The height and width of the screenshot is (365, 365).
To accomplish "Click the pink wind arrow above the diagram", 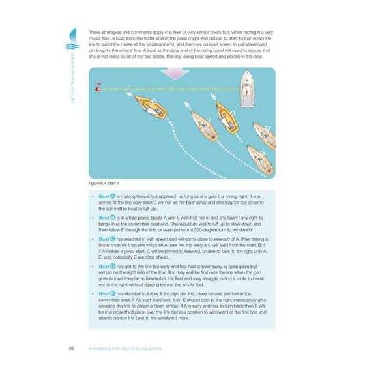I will coord(175,73).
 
